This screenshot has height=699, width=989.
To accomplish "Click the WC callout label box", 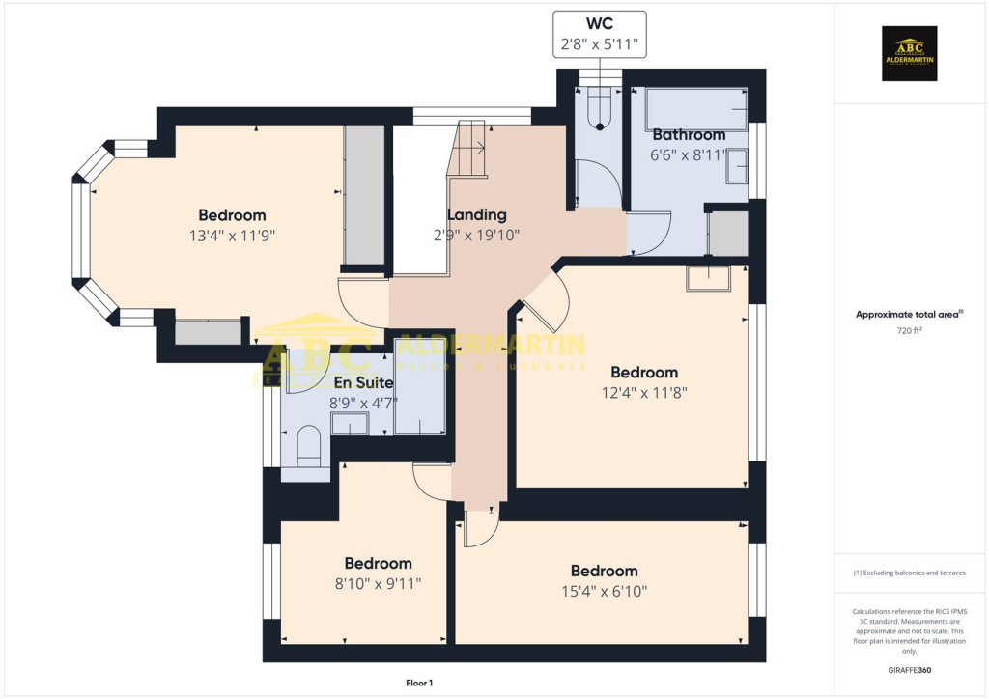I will click(599, 35).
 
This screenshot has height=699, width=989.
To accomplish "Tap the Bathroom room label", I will click(689, 135).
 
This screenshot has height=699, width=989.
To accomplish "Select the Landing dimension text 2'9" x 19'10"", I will click(477, 235).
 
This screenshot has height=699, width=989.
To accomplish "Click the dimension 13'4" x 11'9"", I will click(232, 235).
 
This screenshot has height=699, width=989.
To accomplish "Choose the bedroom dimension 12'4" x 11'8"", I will click(643, 393).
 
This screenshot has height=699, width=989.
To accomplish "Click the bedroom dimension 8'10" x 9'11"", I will click(378, 583).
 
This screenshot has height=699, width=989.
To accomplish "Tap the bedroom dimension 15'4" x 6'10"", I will click(604, 591).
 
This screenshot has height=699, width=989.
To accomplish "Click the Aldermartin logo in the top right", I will click(910, 53).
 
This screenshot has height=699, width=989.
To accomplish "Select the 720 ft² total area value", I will click(910, 331).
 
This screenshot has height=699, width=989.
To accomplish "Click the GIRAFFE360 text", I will click(911, 669).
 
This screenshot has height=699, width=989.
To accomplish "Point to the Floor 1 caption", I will click(418, 683).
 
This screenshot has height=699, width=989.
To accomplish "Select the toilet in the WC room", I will click(600, 105).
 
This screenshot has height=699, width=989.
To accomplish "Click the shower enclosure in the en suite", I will click(419, 400).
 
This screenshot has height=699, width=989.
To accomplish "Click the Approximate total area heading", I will click(910, 314).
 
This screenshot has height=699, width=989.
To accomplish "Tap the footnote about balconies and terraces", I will click(910, 573).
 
